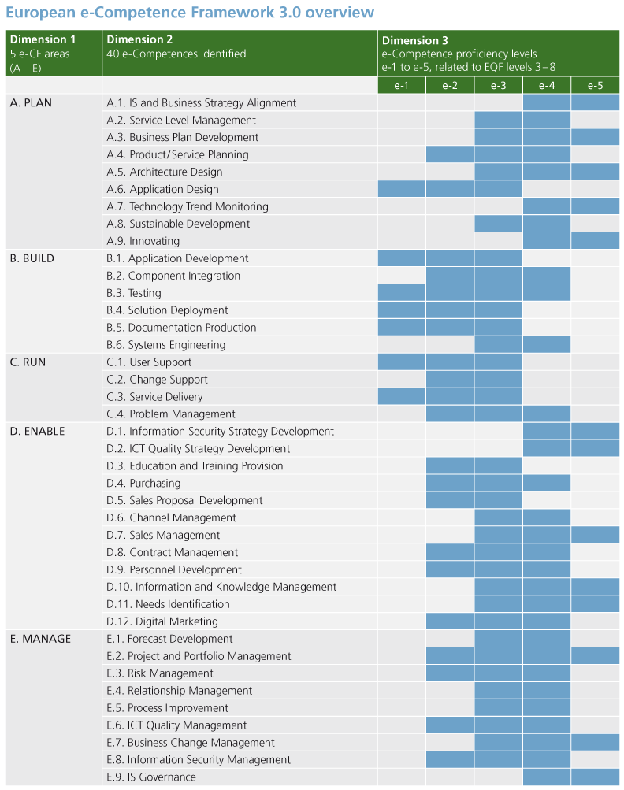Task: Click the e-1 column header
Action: click(x=402, y=85)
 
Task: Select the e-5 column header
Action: click(x=595, y=85)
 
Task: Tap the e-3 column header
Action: click(x=498, y=85)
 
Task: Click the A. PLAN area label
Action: click(x=32, y=102)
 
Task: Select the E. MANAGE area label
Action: click(x=40, y=639)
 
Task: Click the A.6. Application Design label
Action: click(x=162, y=189)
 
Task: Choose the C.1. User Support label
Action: click(x=149, y=362)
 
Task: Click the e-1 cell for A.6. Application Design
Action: click(x=402, y=189)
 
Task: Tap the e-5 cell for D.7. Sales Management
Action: click(x=595, y=536)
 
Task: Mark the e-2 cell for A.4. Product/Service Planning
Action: click(x=450, y=154)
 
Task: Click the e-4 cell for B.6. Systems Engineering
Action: click(x=546, y=345)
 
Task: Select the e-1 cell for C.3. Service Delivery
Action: click(x=402, y=397)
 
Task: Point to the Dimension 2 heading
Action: click(x=139, y=40)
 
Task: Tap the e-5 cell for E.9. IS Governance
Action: click(x=595, y=777)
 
